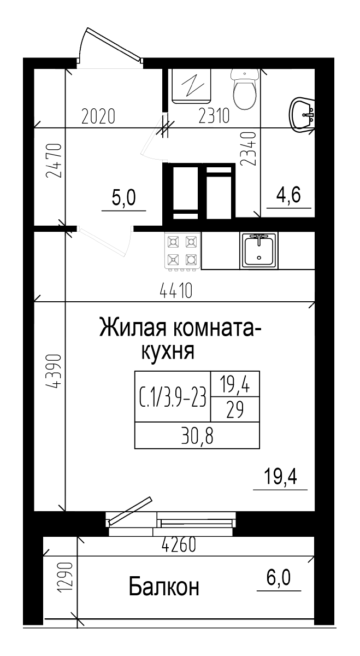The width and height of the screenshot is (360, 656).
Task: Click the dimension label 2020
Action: (x=98, y=116)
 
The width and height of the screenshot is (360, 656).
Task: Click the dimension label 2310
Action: (x=214, y=116)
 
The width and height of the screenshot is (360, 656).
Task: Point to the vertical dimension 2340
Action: (x=248, y=149)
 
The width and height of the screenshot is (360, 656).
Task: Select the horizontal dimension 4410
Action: (x=176, y=291)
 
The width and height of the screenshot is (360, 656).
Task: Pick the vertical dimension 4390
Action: (x=54, y=372)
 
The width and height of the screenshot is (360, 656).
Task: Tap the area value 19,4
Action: (x=280, y=478)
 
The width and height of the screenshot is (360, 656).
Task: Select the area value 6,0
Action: (x=279, y=577)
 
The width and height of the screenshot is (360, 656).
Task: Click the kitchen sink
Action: (x=259, y=250)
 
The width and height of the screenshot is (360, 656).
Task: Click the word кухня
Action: (x=168, y=352)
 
